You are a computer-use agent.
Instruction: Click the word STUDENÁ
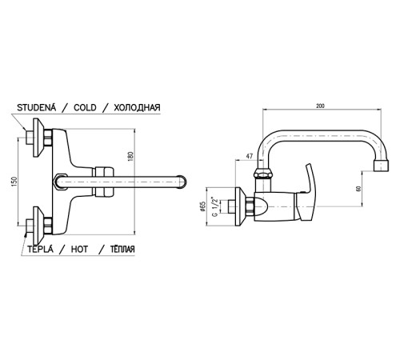(37, 107)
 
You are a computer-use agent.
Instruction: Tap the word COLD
(85, 107)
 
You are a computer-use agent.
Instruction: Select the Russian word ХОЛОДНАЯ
(137, 107)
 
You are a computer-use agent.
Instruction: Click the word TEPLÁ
(40, 249)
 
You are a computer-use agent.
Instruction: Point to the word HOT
(79, 249)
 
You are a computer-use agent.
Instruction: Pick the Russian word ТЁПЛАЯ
(122, 249)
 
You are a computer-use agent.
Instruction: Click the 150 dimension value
(14, 182)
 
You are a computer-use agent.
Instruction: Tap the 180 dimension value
(130, 157)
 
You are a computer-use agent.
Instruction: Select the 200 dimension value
(320, 106)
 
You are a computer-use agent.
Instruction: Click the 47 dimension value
(250, 157)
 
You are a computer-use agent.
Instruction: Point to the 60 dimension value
(358, 189)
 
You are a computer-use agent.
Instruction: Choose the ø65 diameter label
(202, 206)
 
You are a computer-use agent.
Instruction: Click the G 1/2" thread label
(214, 206)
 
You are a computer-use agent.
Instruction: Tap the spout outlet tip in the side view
(381, 166)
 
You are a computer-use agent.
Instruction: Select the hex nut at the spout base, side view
(263, 173)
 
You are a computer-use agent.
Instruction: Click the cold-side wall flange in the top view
(38, 138)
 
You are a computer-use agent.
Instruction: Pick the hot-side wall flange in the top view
(38, 226)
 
